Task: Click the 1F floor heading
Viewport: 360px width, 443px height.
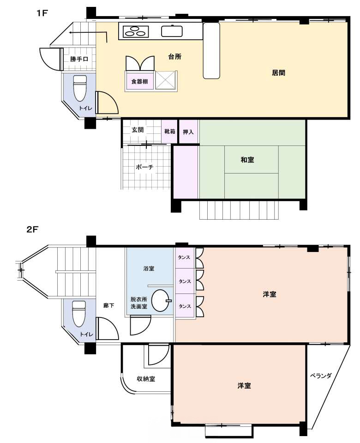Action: (x=42, y=13)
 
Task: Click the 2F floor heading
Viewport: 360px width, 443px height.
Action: (x=32, y=229)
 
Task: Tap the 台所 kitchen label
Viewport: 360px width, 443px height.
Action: (x=174, y=56)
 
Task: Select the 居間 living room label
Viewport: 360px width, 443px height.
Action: (x=278, y=72)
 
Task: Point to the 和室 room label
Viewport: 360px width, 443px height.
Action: (x=247, y=160)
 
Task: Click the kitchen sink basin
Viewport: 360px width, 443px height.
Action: (x=172, y=31)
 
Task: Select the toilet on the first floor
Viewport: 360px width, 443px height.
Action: (x=80, y=88)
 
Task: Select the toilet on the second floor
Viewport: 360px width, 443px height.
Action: (x=79, y=314)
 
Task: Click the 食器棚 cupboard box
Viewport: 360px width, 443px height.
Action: (x=139, y=81)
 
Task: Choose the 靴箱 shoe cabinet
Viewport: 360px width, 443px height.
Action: (x=169, y=132)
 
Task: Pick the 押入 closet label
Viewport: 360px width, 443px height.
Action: (x=188, y=132)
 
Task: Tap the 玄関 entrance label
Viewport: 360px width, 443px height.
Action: (x=138, y=130)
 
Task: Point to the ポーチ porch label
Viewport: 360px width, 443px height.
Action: (x=144, y=167)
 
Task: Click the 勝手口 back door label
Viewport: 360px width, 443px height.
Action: (x=79, y=59)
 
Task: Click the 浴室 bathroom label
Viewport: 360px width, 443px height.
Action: (x=149, y=269)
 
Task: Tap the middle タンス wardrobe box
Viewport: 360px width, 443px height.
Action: (x=185, y=281)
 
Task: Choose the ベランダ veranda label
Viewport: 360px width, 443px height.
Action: (x=320, y=376)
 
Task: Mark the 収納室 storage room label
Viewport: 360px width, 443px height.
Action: (x=146, y=379)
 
